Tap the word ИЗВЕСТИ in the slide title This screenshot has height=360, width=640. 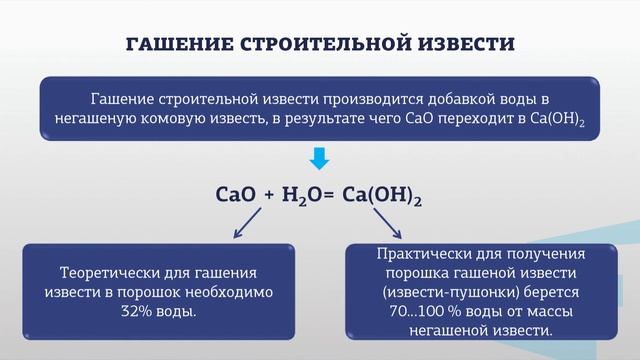pos(466,45)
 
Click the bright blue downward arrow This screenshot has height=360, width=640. pos(319,159)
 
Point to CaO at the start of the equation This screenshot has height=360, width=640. pos(236,196)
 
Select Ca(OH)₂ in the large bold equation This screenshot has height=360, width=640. pos(382,197)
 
